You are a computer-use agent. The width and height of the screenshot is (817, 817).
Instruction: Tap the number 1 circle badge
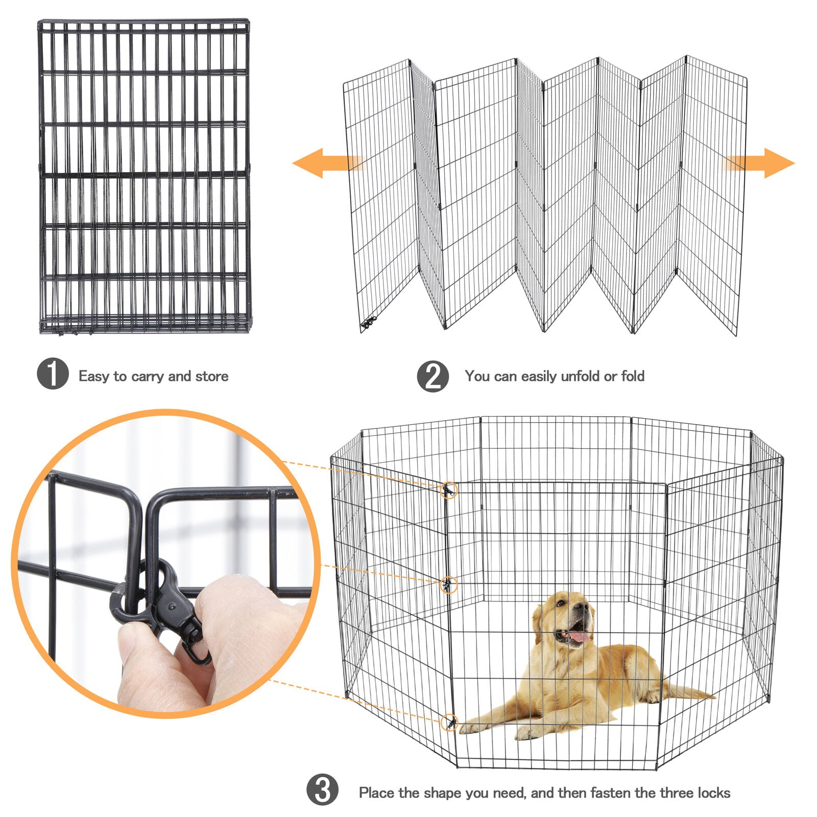53,374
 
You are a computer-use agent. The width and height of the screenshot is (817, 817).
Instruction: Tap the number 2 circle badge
432,377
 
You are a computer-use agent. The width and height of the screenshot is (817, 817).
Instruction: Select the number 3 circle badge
322,789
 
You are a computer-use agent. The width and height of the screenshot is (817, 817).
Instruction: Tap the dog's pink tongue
579,637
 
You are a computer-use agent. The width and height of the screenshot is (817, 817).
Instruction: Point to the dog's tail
689,693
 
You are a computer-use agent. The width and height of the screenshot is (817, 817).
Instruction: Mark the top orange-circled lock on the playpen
449,491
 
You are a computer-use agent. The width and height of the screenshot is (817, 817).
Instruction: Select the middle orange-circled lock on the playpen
448,584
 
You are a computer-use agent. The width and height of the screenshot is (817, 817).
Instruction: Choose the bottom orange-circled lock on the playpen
449,722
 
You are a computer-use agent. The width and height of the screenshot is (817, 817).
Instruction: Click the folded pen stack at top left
145,176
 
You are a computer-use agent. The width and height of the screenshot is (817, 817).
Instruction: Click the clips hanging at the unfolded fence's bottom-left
369,323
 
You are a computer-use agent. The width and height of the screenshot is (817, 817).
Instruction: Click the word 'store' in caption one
212,376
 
